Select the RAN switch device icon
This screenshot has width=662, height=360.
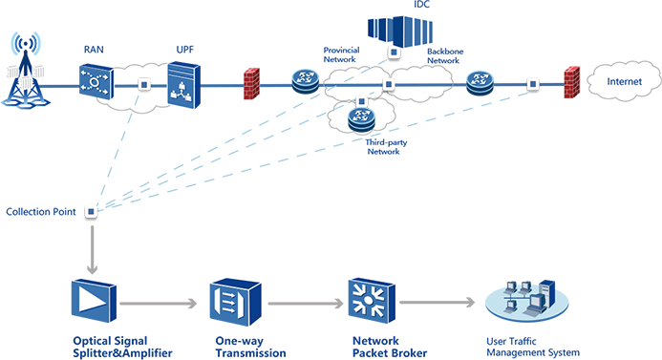point(96,81)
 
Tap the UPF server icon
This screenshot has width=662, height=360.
point(183,85)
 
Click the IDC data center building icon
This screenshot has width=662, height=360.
point(400,31)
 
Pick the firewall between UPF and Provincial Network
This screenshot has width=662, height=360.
point(251,83)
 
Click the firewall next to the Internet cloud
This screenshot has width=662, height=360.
point(572,82)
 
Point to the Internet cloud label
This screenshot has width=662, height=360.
point(624,81)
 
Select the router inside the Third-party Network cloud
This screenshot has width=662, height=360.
point(361,119)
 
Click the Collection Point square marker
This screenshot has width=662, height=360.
point(91,211)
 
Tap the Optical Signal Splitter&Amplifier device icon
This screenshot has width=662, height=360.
point(94,301)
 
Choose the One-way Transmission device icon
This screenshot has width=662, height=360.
point(235,302)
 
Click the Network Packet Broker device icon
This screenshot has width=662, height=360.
point(372,300)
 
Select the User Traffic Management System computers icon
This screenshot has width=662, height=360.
point(527,299)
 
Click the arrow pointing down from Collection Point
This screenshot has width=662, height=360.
point(92,249)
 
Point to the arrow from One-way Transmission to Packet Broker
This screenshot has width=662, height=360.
point(306,303)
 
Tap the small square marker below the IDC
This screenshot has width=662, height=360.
point(394,53)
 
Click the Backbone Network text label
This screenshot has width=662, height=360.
point(445,55)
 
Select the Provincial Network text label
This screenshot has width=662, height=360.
point(341,54)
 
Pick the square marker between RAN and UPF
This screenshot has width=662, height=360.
point(144,85)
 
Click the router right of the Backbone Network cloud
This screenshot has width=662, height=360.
point(480,82)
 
